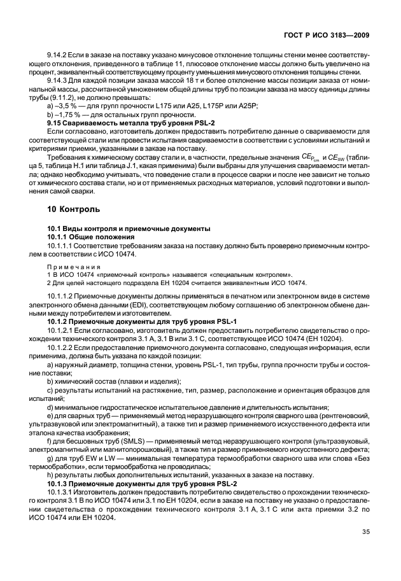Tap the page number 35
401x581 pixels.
coord(365,532)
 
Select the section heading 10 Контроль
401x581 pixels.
coord(76,209)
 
